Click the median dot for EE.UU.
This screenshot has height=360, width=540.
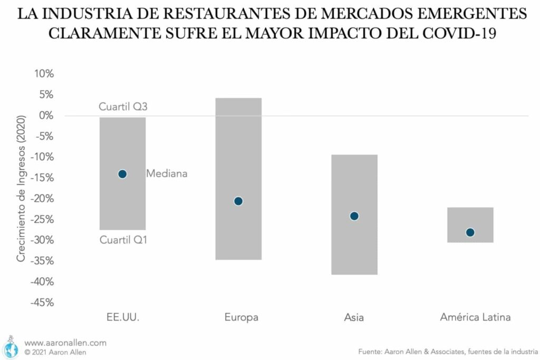coord(122,174)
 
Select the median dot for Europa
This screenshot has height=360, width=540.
coord(238,201)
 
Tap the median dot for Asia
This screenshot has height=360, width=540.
coord(354,216)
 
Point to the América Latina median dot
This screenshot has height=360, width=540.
coord(470,232)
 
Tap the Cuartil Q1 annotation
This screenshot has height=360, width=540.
coord(123,240)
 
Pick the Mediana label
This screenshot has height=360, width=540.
coord(167,173)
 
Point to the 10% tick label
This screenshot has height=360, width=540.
coord(44,74)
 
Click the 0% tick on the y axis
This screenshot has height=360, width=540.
coord(46,115)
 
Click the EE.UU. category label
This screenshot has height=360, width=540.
coord(122,317)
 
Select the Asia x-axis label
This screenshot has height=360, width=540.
coord(354,317)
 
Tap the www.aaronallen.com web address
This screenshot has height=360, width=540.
coord(65,343)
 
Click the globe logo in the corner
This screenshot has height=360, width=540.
coord(11,347)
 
